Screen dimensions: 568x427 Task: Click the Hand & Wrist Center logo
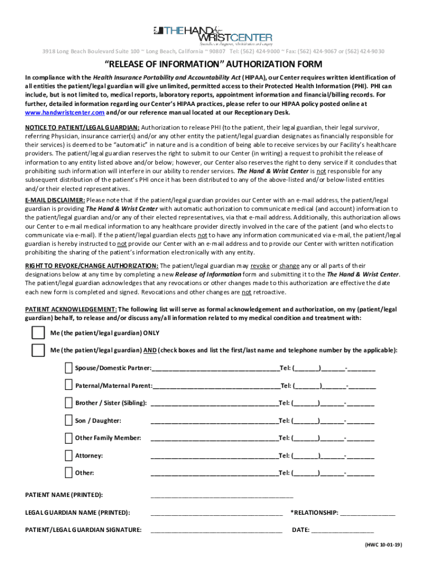[213, 34]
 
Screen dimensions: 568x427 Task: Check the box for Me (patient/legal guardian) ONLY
[38, 333]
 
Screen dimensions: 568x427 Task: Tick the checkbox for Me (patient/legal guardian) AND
[38, 351]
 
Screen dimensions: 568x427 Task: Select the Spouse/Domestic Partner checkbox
[68, 368]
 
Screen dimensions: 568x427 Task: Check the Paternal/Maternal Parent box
[68, 386]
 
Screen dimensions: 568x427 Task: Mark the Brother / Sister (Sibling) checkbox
[68, 403]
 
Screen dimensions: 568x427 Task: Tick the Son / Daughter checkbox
[68, 420]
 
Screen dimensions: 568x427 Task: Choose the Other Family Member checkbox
[68, 438]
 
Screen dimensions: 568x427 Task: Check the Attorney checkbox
[68, 455]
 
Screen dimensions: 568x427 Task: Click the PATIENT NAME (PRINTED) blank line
[221, 495]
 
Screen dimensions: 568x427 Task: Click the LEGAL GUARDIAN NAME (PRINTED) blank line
[216, 513]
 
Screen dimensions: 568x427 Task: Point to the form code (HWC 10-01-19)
[383, 545]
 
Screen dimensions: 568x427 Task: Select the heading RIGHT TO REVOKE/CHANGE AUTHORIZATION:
[91, 266]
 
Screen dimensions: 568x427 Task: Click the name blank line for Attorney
[214, 457]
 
